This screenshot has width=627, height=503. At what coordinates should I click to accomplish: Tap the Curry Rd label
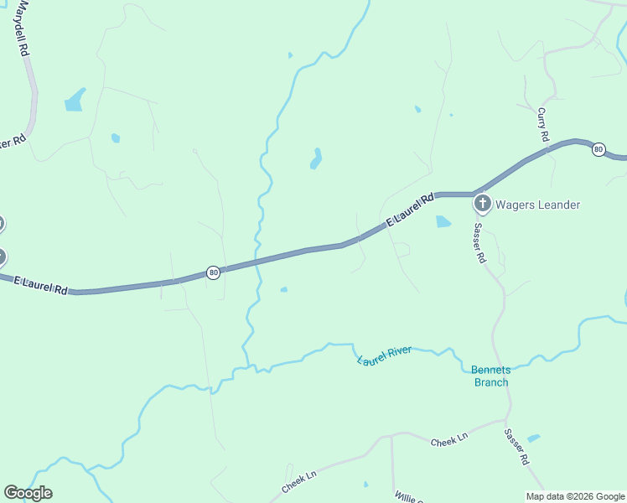543,124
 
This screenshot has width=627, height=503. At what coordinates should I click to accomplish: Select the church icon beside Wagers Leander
482,204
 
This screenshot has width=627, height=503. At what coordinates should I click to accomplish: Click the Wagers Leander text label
537,205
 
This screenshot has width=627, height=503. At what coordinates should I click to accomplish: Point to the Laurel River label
384,355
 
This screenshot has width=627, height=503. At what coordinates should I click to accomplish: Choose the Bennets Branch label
490,376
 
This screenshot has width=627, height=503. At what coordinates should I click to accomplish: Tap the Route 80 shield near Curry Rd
598,149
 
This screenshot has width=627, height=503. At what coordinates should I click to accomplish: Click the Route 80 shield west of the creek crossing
214,272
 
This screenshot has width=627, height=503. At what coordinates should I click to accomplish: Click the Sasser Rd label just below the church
479,243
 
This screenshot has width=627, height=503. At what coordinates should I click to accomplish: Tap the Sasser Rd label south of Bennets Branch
516,447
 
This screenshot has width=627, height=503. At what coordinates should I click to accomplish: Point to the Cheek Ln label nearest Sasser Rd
448,441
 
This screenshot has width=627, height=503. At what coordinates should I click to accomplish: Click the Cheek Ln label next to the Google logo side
299,480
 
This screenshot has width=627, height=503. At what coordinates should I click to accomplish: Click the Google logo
28,493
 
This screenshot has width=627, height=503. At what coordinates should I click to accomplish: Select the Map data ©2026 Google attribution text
575,496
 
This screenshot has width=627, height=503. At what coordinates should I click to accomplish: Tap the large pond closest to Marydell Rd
75,100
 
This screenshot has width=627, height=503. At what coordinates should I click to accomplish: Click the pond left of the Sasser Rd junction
443,222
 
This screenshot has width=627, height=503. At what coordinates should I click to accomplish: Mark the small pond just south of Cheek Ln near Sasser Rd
533,438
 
